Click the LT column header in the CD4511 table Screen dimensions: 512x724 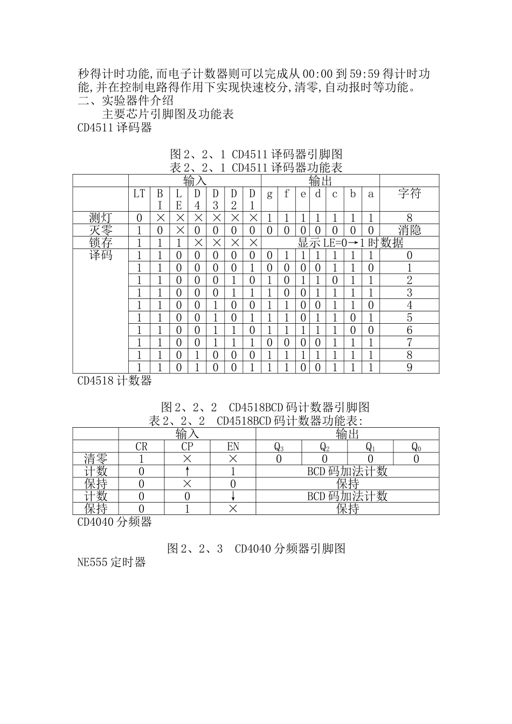(x=139, y=193)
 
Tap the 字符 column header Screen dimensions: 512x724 (x=409, y=193)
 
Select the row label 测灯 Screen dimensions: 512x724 (x=101, y=218)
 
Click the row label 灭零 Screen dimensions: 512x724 (x=101, y=230)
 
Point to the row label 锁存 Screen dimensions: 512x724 (x=101, y=242)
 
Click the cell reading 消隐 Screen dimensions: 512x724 (x=409, y=230)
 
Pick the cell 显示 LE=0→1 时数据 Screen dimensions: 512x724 (x=350, y=242)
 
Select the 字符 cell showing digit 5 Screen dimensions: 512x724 (x=409, y=318)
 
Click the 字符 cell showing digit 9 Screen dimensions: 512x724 (x=409, y=367)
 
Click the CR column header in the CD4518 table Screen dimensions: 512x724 (x=141, y=447)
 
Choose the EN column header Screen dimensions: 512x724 (x=233, y=447)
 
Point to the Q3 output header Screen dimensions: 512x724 (x=279, y=447)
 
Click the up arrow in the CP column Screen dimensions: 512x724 (x=187, y=471)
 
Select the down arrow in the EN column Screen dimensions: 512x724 (x=233, y=496)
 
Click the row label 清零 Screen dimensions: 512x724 (x=96, y=459)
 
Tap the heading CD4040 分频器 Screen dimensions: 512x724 (x=115, y=521)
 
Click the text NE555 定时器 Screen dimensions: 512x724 (x=112, y=562)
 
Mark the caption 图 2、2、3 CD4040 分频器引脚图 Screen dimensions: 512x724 (x=256, y=548)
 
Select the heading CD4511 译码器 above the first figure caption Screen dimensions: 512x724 (x=115, y=128)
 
